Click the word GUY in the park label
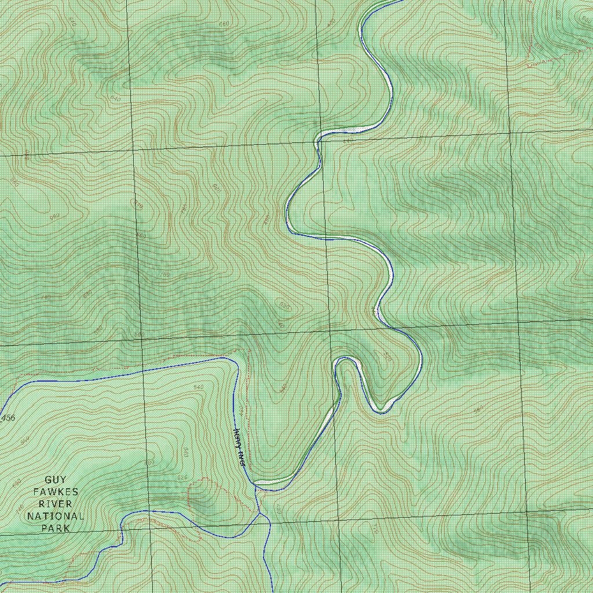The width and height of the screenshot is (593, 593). [56, 479]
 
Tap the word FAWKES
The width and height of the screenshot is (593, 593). [56, 492]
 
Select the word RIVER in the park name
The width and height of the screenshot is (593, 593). [56, 504]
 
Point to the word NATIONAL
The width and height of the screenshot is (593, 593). [56, 516]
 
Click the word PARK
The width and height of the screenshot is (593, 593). [56, 528]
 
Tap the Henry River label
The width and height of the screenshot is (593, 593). [239, 448]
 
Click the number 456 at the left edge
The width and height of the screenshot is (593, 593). [8, 418]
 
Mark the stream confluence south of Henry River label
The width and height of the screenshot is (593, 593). [260, 513]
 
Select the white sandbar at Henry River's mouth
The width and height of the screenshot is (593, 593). [264, 482]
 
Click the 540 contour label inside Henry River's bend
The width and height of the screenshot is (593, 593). [199, 387]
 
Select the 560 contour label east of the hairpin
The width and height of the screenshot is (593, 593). [478, 410]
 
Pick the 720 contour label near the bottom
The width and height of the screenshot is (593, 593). [375, 529]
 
